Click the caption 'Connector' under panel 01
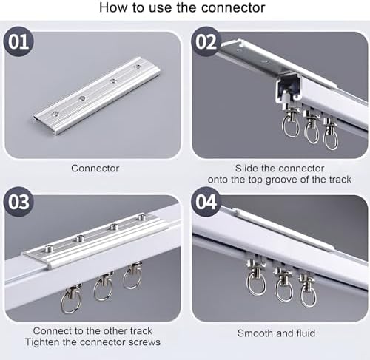click(95, 169)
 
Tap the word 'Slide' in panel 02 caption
click(247, 169)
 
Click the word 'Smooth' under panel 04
click(255, 333)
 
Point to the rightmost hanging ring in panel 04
click(308, 294)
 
